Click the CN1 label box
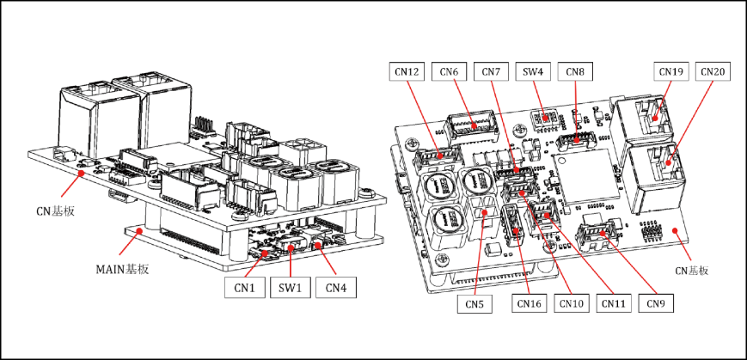click(246, 287)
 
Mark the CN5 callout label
click(475, 302)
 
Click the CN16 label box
click(529, 302)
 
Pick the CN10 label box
click(571, 302)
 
